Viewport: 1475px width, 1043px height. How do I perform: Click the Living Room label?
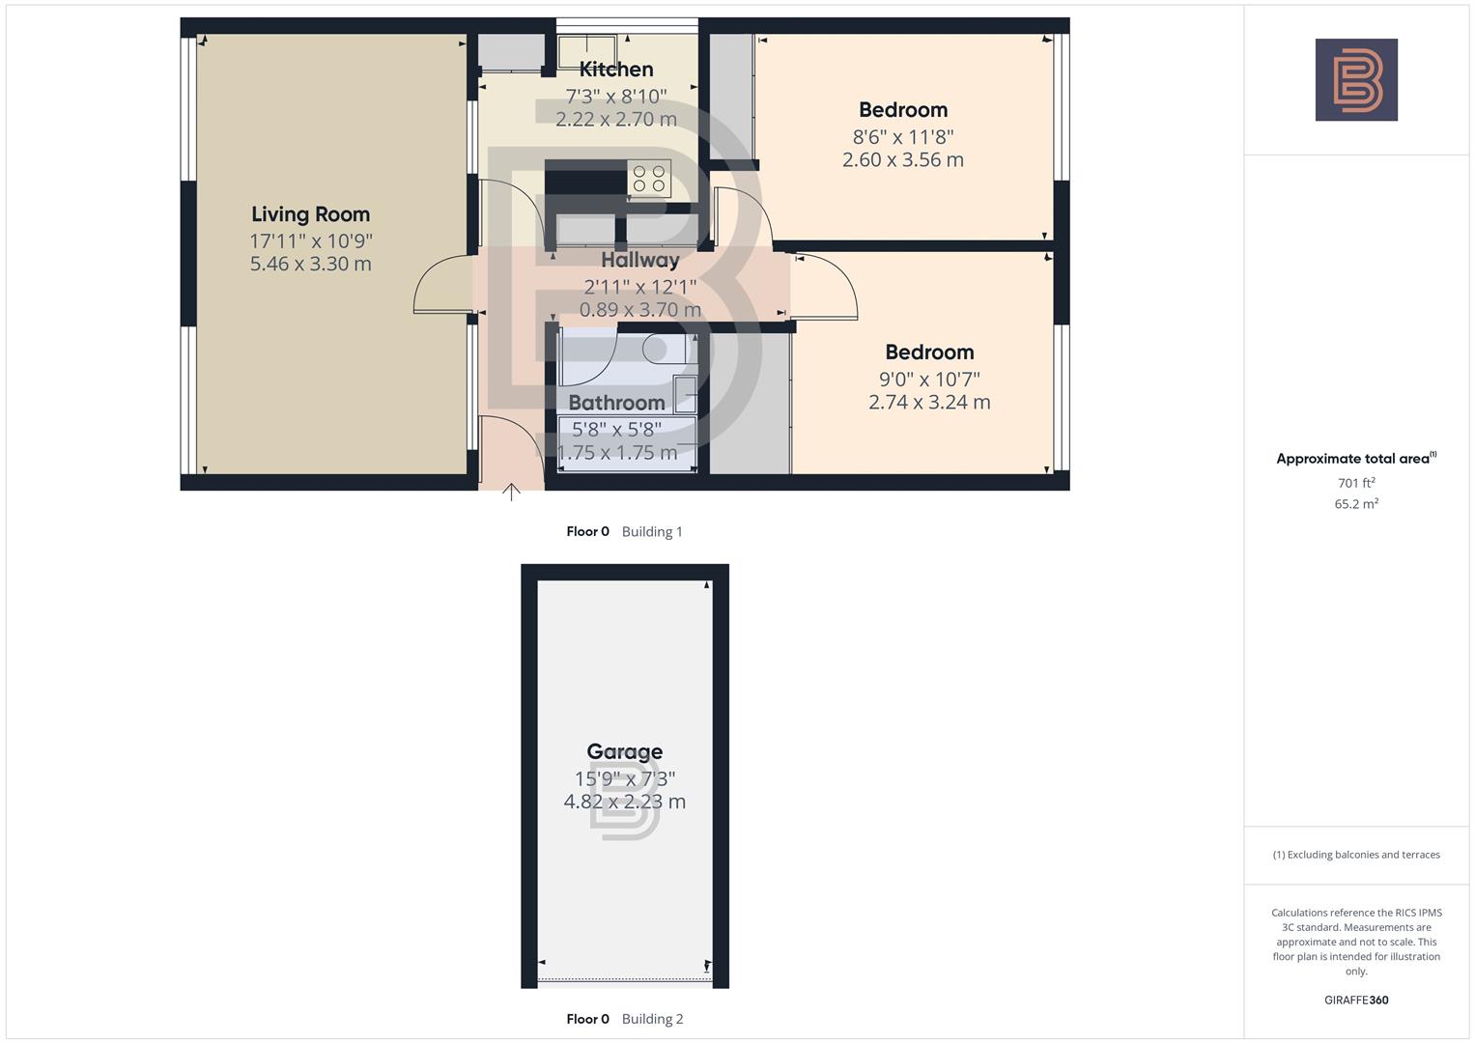pyautogui.click(x=310, y=214)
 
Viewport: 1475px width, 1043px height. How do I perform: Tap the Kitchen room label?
pyautogui.click(x=616, y=70)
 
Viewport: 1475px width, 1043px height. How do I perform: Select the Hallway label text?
pyautogui.click(x=639, y=260)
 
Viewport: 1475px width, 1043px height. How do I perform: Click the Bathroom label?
pyautogui.click(x=616, y=403)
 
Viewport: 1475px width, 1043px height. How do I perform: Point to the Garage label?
pyautogui.click(x=624, y=751)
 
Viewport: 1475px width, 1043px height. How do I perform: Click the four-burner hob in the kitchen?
pyautogui.click(x=649, y=179)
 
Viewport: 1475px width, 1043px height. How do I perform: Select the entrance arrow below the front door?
pyautogui.click(x=511, y=493)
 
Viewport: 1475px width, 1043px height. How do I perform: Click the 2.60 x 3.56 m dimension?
pyautogui.click(x=902, y=160)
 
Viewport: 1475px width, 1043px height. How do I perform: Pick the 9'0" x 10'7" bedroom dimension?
pyautogui.click(x=928, y=380)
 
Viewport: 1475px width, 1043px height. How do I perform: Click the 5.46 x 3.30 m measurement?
pyautogui.click(x=310, y=264)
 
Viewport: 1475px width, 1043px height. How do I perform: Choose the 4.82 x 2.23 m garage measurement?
pyautogui.click(x=624, y=802)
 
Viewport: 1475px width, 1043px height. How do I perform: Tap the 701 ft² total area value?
pyautogui.click(x=1355, y=483)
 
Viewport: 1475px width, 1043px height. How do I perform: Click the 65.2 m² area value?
pyautogui.click(x=1355, y=504)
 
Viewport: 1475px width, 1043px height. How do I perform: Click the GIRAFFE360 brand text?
pyautogui.click(x=1355, y=1001)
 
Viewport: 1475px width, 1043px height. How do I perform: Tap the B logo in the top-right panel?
pyautogui.click(x=1356, y=80)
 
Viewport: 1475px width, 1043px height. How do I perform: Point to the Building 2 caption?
pyautogui.click(x=652, y=1019)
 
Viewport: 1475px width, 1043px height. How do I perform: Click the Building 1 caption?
pyautogui.click(x=652, y=532)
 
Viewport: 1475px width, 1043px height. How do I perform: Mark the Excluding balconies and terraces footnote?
pyautogui.click(x=1356, y=855)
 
